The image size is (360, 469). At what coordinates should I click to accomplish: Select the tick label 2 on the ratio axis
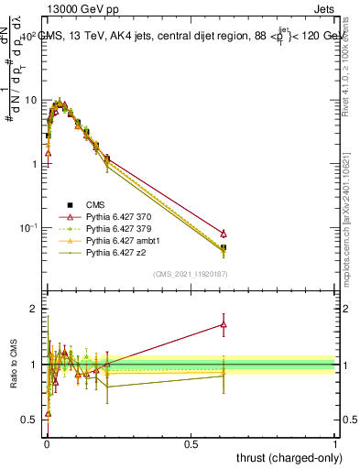point(32,310)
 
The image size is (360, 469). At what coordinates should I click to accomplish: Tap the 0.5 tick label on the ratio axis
point(28,420)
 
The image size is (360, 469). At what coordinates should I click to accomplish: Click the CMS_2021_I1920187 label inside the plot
point(191,274)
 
